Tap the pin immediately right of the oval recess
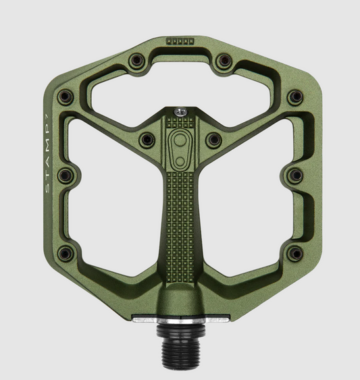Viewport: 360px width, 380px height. coord(213,140)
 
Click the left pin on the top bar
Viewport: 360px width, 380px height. coord(135,62)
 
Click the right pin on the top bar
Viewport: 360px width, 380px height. coord(224,62)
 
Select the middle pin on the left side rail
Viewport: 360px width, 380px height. coord(66,175)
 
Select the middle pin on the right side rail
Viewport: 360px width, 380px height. coord(294,175)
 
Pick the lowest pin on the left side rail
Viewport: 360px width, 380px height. coord(66,254)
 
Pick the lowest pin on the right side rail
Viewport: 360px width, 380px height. coord(294,254)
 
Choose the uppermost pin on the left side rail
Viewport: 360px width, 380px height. coord(66,96)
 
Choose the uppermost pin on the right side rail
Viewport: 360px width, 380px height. coord(294,96)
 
